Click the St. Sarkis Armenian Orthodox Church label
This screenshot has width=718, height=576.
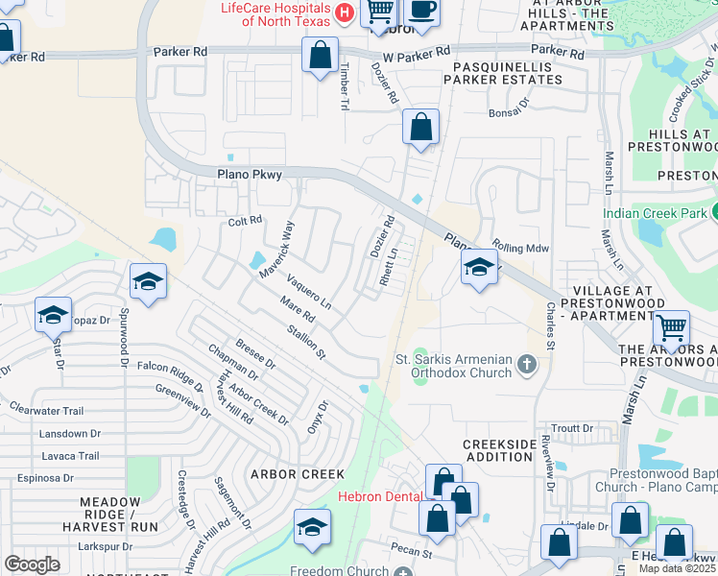[x=454, y=365]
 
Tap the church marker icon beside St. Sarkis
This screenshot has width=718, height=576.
[x=526, y=364]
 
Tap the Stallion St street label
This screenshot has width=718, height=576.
[x=306, y=342]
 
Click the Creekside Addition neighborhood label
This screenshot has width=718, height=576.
[x=498, y=450]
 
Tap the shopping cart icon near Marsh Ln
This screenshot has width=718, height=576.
[x=671, y=329]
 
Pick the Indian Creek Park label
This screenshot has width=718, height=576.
[x=657, y=213]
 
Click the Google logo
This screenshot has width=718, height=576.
[x=32, y=564]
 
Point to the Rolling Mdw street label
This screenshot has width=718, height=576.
[x=520, y=248]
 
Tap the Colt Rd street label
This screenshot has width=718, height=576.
[x=246, y=221]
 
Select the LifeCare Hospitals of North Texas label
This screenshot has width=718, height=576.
[x=275, y=14]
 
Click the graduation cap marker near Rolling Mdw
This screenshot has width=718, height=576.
[x=478, y=268]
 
